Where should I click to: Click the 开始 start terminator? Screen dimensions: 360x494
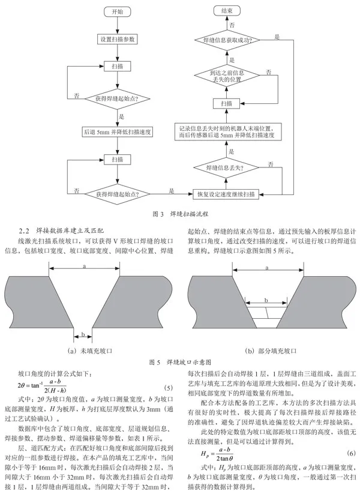(118, 12)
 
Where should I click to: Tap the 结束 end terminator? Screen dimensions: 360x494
(227, 11)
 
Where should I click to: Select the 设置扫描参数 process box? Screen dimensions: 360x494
(118, 40)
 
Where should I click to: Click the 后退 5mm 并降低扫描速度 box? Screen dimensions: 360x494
(118, 132)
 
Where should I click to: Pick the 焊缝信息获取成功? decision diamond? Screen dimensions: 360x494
(227, 40)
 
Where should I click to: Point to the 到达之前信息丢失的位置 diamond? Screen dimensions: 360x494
(227, 76)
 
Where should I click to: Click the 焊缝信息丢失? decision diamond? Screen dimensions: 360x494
(227, 167)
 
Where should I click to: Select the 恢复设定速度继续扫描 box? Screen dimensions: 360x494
(226, 194)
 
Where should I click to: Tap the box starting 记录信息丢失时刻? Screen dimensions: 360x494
(227, 131)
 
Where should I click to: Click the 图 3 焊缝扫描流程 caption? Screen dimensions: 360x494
(180, 214)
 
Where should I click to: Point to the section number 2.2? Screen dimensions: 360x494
(24, 230)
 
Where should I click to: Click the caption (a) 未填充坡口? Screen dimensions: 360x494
(90, 351)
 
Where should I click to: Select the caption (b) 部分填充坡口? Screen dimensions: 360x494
(271, 351)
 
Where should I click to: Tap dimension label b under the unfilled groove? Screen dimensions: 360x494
(83, 334)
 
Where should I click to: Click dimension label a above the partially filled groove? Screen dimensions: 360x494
(267, 268)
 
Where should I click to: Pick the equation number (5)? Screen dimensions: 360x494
(169, 387)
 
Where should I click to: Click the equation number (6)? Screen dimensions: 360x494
(351, 453)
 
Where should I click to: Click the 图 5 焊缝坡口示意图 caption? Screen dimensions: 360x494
(180, 362)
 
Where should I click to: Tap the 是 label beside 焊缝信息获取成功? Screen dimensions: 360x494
(277, 37)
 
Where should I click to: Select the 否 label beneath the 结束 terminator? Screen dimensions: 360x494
(232, 25)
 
